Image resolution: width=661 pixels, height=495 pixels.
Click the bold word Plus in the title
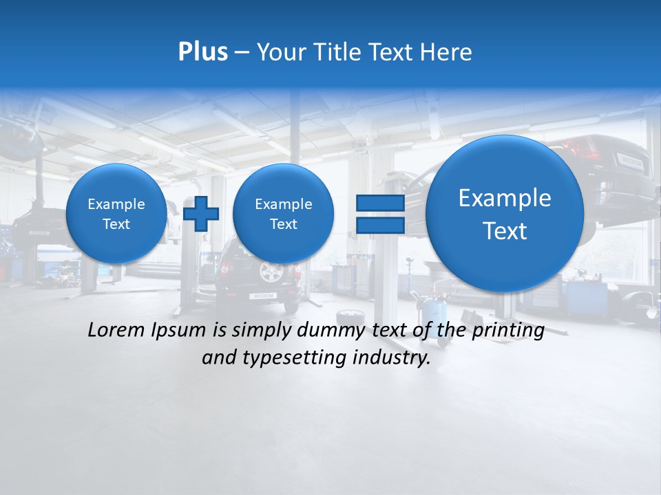(202, 52)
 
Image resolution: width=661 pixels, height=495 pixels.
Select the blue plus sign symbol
(201, 213)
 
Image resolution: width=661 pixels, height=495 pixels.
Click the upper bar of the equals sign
(379, 203)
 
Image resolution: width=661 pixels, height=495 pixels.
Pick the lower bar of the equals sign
(379, 225)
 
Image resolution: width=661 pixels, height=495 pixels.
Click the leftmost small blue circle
(116, 213)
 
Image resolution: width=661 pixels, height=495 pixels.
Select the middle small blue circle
(283, 213)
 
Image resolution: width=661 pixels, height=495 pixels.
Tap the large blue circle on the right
(505, 213)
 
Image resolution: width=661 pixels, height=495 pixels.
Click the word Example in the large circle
(505, 198)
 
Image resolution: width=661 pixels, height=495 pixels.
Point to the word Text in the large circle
(505, 231)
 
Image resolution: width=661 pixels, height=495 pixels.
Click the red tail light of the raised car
(578, 146)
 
